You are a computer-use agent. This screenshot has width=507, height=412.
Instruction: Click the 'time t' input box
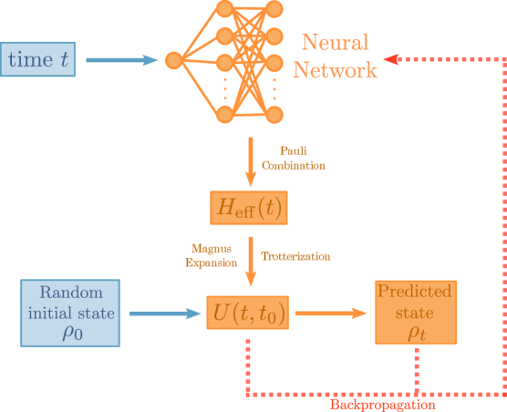(x=38, y=60)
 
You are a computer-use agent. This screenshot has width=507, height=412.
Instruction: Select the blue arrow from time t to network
(x=122, y=61)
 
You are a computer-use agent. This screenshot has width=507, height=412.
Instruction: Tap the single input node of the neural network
(x=173, y=61)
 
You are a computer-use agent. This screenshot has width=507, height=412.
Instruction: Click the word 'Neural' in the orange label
(x=335, y=43)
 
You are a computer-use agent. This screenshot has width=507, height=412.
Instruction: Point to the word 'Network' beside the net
(x=335, y=71)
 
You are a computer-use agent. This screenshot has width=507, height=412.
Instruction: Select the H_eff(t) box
(x=249, y=208)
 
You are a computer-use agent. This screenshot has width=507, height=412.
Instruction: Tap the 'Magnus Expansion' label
(x=212, y=254)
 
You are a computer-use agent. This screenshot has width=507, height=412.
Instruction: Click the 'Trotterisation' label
(x=295, y=256)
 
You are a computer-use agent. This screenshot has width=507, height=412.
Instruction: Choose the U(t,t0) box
(x=249, y=314)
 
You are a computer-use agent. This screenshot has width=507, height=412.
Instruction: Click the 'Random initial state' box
(x=70, y=313)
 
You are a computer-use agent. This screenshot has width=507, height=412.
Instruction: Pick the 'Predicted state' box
(x=415, y=312)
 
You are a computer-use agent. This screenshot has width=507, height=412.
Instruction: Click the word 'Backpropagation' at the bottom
(x=382, y=404)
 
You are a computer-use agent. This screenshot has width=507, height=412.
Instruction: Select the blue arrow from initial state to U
(x=164, y=314)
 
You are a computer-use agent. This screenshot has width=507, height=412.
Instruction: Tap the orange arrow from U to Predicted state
(x=331, y=314)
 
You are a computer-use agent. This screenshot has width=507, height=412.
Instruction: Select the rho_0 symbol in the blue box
(x=71, y=333)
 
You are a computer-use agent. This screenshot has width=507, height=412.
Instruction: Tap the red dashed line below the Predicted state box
(x=417, y=369)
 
